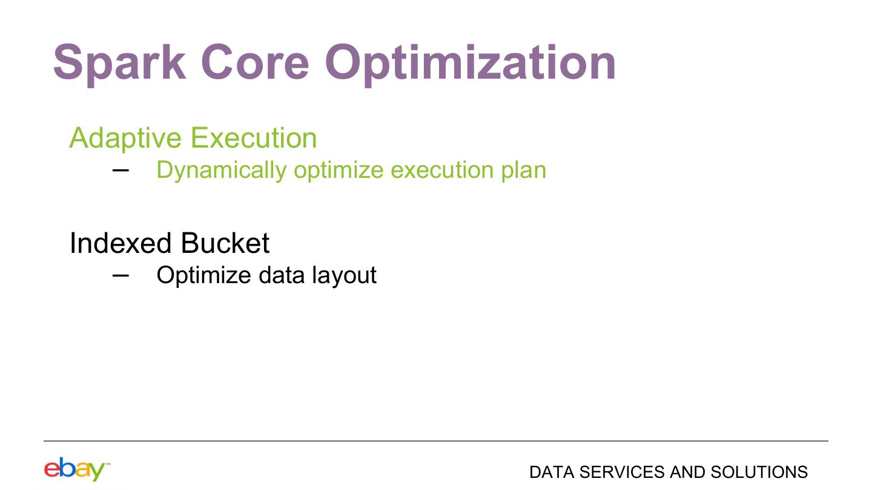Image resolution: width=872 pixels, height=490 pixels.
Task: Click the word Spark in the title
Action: (119, 64)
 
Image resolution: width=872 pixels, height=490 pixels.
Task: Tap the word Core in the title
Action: (255, 62)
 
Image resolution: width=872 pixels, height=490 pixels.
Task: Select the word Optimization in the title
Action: (471, 64)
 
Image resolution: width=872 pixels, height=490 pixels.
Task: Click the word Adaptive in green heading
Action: (125, 139)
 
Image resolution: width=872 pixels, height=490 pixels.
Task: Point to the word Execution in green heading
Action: (254, 138)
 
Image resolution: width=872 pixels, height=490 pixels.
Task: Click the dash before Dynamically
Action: (121, 170)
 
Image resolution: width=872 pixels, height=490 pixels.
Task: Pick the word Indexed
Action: (121, 243)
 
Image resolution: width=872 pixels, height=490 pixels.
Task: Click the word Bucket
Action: (225, 243)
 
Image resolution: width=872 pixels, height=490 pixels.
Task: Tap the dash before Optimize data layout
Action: (121, 275)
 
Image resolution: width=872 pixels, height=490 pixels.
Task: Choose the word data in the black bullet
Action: (282, 275)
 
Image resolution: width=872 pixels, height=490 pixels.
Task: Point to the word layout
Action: (344, 276)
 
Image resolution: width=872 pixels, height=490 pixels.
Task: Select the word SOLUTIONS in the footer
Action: (759, 472)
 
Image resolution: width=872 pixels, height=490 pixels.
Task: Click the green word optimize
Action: (339, 171)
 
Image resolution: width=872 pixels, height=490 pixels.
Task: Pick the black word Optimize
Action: (203, 276)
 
